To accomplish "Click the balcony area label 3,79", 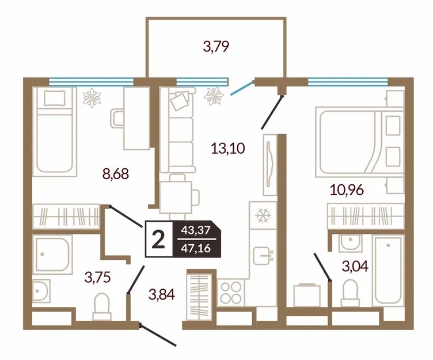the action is tap(216, 47).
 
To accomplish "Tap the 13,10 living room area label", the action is tap(228, 149).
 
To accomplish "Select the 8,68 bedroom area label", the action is tap(116, 174).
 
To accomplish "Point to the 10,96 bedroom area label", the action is tap(347, 190).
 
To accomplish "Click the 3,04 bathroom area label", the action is tap(355, 267).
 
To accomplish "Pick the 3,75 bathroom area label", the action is tap(98, 278).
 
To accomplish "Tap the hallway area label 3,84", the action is tap(162, 294).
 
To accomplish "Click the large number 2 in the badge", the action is tap(158, 239).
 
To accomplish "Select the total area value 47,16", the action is tap(196, 248).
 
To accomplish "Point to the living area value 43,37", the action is tap(196, 230).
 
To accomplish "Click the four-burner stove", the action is tap(231, 293).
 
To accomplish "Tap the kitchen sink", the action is tap(263, 256).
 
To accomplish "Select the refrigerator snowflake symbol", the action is tap(263, 215).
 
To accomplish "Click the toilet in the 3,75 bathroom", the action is tap(101, 306).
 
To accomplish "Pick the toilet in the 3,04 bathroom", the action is tap(350, 293).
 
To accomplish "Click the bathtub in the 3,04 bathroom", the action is tap(388, 270).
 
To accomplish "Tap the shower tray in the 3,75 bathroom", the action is tap(52, 255).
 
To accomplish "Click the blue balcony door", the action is tap(242, 88).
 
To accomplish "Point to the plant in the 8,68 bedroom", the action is tap(92, 97).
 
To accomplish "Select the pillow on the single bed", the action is tap(55, 98).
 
